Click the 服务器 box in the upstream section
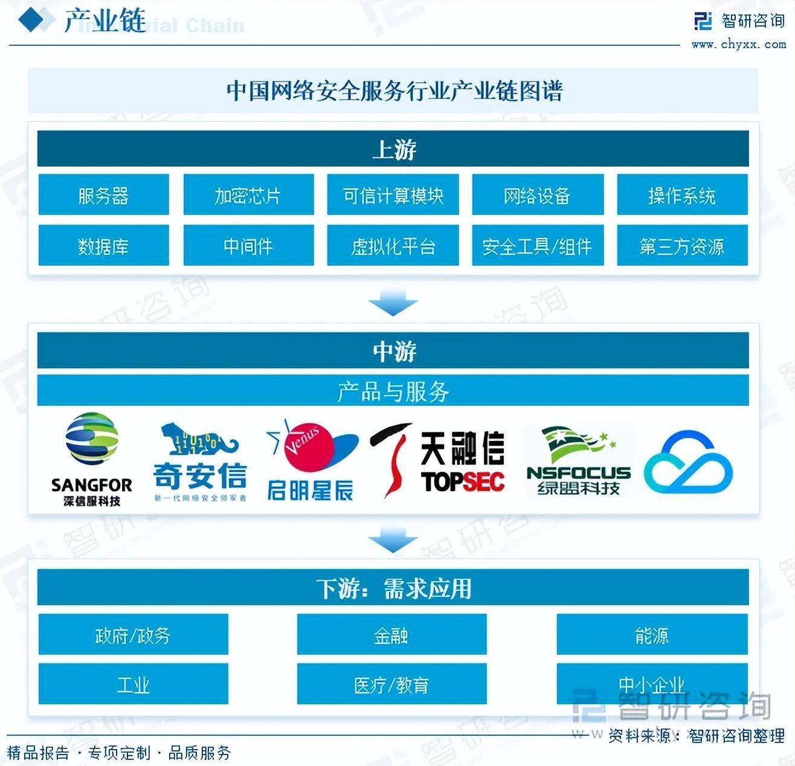(x=103, y=195)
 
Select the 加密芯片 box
(x=248, y=195)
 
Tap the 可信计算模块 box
(x=393, y=195)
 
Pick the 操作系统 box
(x=682, y=195)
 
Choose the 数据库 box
(x=103, y=245)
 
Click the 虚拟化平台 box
(x=393, y=245)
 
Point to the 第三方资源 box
(x=682, y=245)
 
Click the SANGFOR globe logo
(x=92, y=440)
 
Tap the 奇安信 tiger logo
(x=199, y=462)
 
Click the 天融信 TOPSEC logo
(x=438, y=460)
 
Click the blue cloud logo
(x=688, y=462)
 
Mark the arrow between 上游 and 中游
(x=393, y=303)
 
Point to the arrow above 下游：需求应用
(x=393, y=539)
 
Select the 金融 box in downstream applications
(x=391, y=634)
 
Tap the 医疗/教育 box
(x=391, y=684)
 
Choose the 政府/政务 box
(x=133, y=634)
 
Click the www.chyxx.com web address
(x=738, y=44)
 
